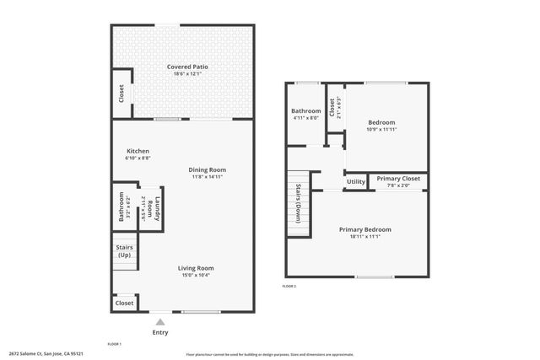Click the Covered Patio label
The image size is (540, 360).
coord(187,67)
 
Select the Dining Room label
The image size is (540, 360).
coord(207,169)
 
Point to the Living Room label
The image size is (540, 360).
coord(195,268)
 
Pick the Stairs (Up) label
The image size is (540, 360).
coord(124,250)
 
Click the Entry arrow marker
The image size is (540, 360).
coord(160,321)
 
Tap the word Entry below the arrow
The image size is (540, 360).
coord(160,332)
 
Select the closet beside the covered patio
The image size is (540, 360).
coord(121,94)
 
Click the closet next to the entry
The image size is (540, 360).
coord(124,303)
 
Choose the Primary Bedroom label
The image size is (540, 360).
coord(364,229)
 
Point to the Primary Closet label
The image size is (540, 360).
coord(398,179)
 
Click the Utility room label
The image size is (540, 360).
coord(356,181)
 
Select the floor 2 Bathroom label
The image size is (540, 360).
coord(306,111)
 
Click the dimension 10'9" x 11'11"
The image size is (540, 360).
coord(381,129)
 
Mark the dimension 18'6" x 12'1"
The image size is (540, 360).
coord(187,73)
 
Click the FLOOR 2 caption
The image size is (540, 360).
coord(289,287)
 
